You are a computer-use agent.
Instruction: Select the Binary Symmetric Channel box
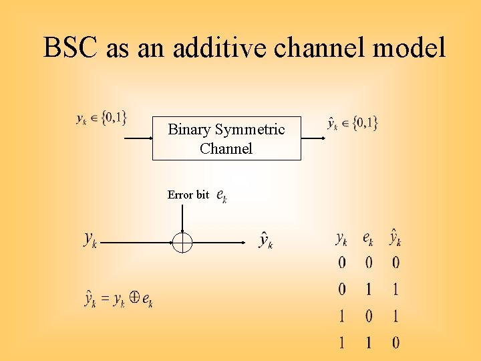(x=226, y=138)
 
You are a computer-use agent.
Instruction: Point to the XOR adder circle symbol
(x=182, y=242)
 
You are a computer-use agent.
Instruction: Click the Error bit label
(x=188, y=195)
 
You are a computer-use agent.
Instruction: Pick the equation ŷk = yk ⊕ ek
(x=119, y=299)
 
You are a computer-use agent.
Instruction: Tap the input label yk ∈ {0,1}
(x=101, y=119)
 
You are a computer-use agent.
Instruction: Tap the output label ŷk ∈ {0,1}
(x=352, y=122)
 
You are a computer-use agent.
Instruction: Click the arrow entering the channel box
(x=139, y=138)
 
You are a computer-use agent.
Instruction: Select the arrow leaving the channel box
(x=313, y=138)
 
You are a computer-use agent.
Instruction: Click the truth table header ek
(x=368, y=238)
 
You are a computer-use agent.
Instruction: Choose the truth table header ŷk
(x=395, y=237)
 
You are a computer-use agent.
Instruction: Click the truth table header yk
(x=341, y=238)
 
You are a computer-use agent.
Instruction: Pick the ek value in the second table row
(x=369, y=289)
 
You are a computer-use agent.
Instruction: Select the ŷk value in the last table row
(x=395, y=343)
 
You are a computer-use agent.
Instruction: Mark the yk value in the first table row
(x=342, y=263)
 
